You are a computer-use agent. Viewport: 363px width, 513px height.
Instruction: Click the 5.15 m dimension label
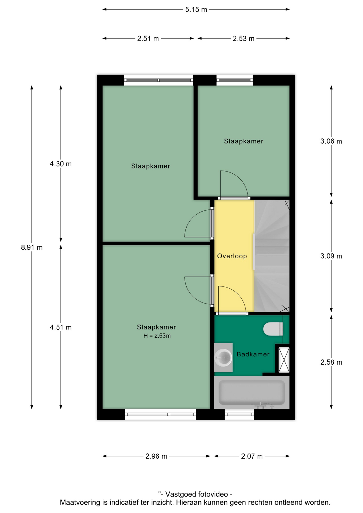tap(196, 10)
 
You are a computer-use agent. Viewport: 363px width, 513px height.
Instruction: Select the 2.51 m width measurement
tap(148, 39)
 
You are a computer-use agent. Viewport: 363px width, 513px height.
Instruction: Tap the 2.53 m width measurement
tap(243, 39)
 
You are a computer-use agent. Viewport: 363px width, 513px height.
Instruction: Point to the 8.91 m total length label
tap(32, 247)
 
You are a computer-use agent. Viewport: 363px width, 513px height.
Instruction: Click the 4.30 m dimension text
tap(61, 164)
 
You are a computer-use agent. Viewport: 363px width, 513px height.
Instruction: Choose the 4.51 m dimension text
tap(61, 327)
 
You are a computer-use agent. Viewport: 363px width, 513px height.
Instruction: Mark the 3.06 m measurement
tap(331, 141)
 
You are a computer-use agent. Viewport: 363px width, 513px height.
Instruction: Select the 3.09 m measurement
tap(331, 256)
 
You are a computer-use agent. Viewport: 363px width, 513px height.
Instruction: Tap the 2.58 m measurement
tap(331, 362)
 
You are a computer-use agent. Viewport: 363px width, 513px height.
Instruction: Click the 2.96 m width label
tap(156, 456)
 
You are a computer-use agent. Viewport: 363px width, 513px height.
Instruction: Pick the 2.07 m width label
tap(252, 456)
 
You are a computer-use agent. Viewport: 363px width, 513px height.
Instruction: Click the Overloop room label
tap(232, 256)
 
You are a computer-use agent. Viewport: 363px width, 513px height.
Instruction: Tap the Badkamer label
tap(253, 354)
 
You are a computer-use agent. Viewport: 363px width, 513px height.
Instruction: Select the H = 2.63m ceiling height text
tap(157, 336)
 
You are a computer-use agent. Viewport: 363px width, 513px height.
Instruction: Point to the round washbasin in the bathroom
tap(223, 357)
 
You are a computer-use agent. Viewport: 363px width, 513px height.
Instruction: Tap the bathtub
tap(252, 392)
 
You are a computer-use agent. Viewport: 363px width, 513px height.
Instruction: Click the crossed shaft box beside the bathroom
tap(284, 360)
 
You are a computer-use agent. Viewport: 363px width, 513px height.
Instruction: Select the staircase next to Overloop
tap(272, 256)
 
